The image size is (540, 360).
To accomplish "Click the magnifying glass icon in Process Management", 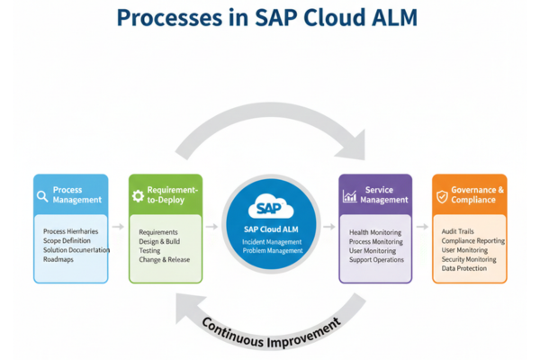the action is [x=42, y=196].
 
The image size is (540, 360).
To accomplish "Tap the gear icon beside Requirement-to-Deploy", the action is [x=138, y=195].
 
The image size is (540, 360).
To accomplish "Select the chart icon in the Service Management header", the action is [x=349, y=196].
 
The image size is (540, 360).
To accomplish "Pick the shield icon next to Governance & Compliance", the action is [x=442, y=196].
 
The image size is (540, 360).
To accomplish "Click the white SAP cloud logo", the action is [x=271, y=207].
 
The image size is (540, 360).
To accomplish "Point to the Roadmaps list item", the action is [x=58, y=259].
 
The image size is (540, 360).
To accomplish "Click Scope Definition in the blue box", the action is [x=67, y=240].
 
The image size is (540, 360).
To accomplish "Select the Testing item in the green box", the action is [x=149, y=250].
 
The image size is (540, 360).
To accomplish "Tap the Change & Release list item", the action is [x=165, y=259].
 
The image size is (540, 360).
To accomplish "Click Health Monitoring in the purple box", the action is [x=375, y=232].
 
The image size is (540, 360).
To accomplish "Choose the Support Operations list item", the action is [x=376, y=259].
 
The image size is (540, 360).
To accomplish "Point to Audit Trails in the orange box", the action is [x=458, y=231].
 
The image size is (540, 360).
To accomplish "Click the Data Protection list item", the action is [x=464, y=268].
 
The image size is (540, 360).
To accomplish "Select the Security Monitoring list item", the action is [x=469, y=259].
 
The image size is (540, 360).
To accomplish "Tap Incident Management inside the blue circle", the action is [x=272, y=242].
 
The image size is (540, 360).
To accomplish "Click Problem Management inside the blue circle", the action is [x=273, y=250].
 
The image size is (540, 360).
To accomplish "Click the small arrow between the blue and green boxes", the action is [x=118, y=226].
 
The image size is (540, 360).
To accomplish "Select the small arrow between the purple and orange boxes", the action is [x=422, y=226].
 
